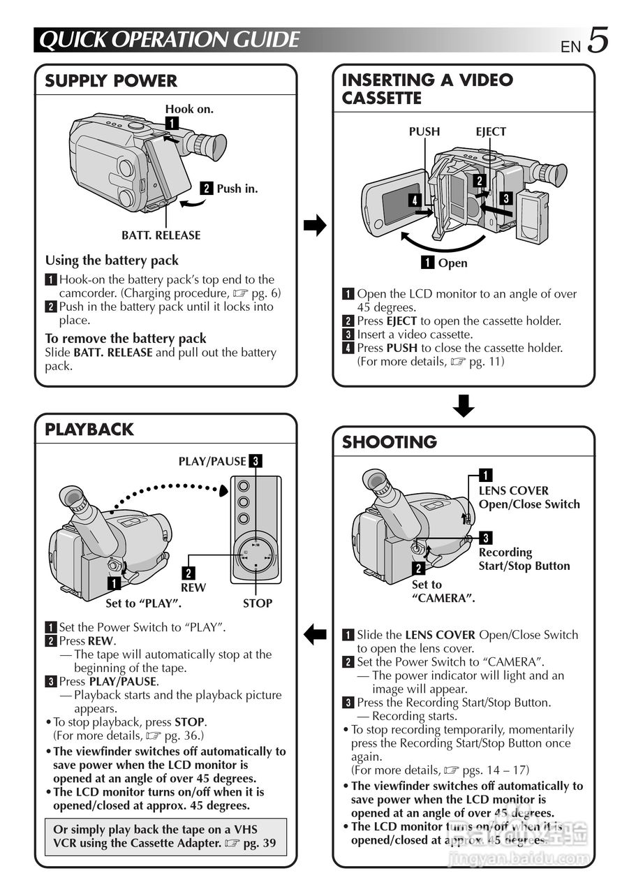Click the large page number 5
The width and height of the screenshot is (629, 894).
pos(598,40)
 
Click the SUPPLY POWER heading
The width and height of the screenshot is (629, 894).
pos(111,81)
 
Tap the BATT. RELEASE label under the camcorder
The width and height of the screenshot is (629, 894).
pos(161,235)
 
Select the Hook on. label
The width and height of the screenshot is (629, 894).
pos(189,109)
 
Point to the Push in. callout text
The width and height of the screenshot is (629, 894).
pos(237,189)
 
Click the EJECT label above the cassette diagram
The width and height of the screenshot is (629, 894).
pos(491,131)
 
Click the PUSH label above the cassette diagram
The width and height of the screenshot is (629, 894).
pos(424,131)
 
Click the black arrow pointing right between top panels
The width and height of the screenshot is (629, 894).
pos(316,226)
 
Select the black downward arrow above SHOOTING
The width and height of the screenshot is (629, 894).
pos(464,406)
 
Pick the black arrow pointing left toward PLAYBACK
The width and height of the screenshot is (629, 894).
pos(316,634)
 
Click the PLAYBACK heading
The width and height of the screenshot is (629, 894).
pos(89,430)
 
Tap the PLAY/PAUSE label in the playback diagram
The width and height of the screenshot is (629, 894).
pos(212,461)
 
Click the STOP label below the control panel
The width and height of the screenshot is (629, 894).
pos(257,603)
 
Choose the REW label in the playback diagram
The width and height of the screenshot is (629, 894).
pos(193,588)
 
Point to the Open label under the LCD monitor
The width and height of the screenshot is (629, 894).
pos(452,263)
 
